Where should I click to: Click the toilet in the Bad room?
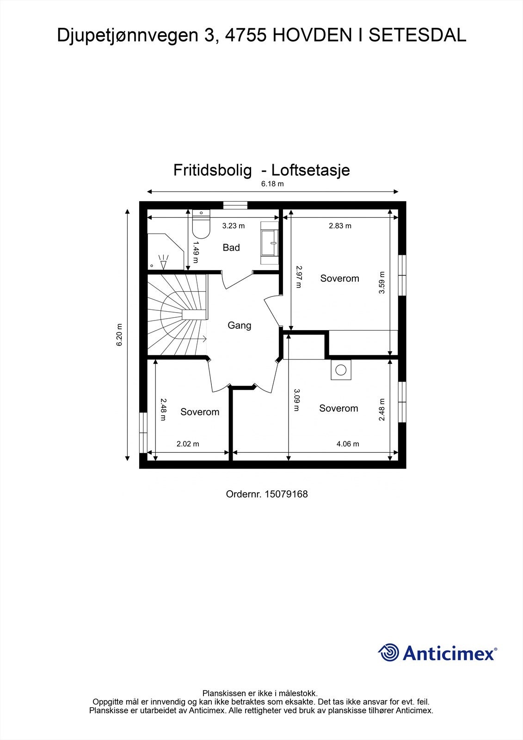[x=201, y=226]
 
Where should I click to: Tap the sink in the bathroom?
[x=270, y=242]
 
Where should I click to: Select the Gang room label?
[x=239, y=326]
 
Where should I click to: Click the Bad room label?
[x=231, y=248]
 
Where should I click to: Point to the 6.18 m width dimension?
[x=272, y=184]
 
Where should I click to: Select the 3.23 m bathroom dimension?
[x=234, y=226]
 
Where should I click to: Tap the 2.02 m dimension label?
[x=188, y=444]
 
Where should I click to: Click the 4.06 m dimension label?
[x=348, y=444]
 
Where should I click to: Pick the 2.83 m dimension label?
[x=340, y=226]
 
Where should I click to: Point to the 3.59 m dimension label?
[x=382, y=282]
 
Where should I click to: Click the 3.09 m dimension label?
[x=297, y=400]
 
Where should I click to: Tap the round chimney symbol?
[x=341, y=370]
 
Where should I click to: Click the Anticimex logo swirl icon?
[x=388, y=653]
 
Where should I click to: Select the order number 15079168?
[x=286, y=494]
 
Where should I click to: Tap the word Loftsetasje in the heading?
[x=310, y=170]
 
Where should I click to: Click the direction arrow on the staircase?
[x=203, y=339]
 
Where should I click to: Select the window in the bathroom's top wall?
[x=235, y=205]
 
